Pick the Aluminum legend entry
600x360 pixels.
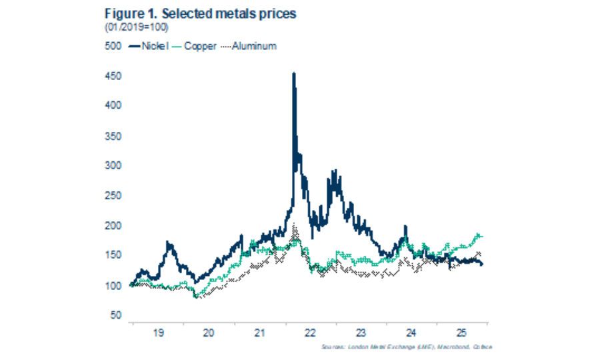[249, 46]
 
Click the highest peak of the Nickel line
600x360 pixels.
[294, 73]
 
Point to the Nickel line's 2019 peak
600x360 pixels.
[169, 243]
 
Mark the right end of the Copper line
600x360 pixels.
[482, 237]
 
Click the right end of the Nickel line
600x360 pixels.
[483, 265]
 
